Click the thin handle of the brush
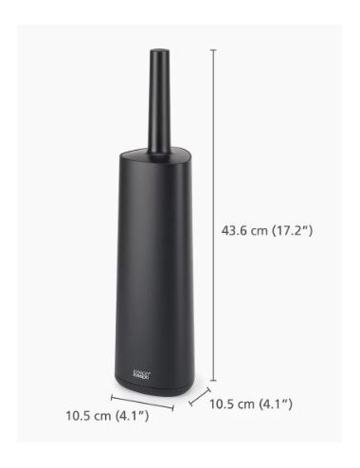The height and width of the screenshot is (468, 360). tap(153, 104)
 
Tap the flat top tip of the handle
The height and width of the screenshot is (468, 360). tap(153, 46)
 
